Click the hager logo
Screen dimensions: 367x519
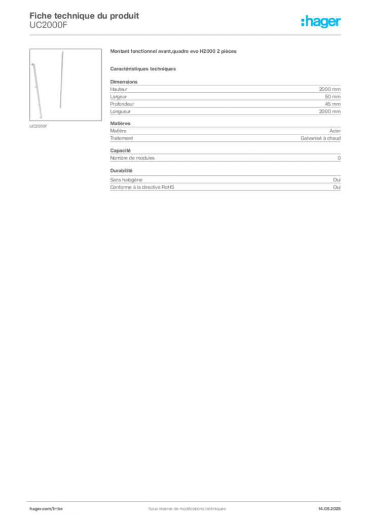(x=321, y=21)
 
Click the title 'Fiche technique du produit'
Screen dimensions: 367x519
(x=84, y=16)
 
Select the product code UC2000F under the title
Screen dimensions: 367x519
(x=48, y=25)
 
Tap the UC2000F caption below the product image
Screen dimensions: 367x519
(x=39, y=126)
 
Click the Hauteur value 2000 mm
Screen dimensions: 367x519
(x=329, y=89)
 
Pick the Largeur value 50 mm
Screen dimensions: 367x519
(x=333, y=97)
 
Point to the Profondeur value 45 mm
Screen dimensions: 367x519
(x=333, y=104)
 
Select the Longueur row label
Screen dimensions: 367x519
(x=121, y=112)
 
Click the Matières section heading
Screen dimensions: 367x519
(x=121, y=123)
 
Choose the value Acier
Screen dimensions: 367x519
(x=335, y=131)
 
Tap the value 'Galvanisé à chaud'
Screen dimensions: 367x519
(x=320, y=138)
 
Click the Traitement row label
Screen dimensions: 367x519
(x=122, y=138)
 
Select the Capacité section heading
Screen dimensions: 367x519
(x=121, y=151)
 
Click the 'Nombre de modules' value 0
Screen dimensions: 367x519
(x=339, y=158)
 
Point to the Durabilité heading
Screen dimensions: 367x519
(x=121, y=170)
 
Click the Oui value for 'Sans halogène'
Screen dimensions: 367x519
(x=337, y=180)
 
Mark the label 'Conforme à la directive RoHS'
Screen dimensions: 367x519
(x=142, y=187)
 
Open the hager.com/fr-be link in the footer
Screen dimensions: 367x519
(x=46, y=509)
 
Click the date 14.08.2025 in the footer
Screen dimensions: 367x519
(x=329, y=509)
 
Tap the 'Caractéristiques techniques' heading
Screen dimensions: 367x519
(x=143, y=69)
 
